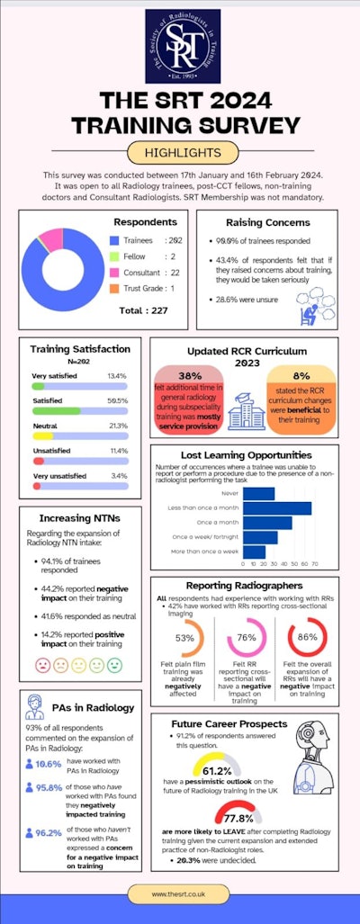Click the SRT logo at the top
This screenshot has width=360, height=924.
[x=180, y=43]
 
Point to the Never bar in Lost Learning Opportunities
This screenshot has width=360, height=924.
[x=259, y=493]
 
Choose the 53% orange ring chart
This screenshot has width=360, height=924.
[x=185, y=638]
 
